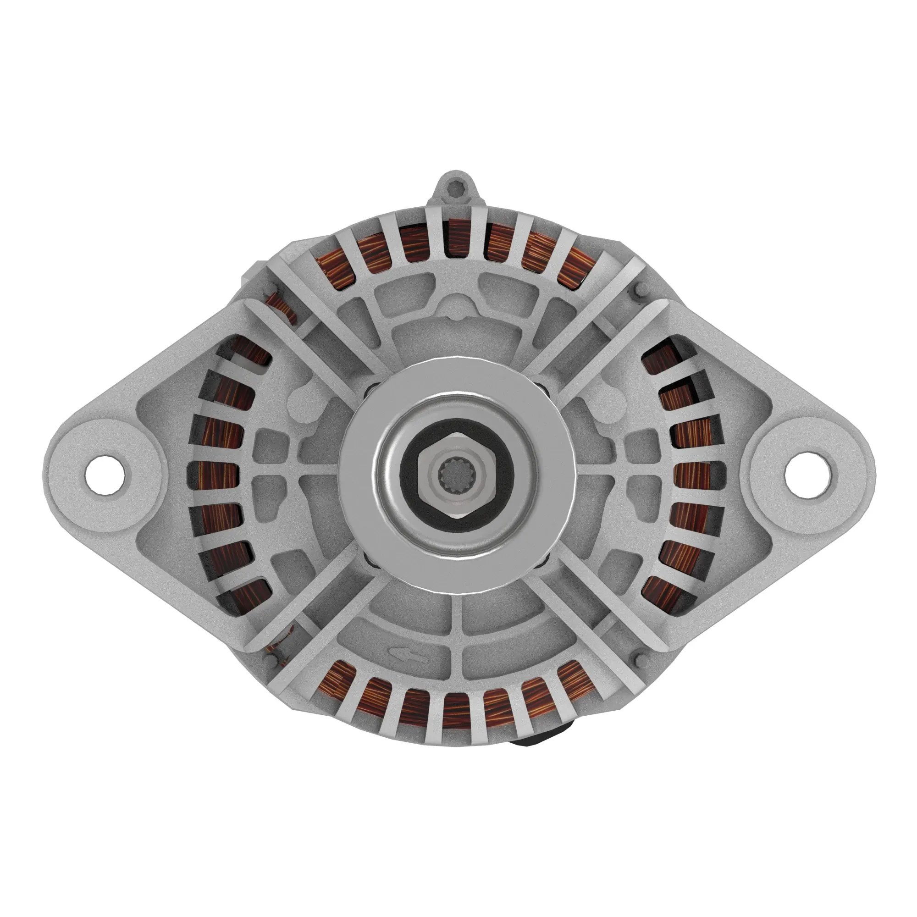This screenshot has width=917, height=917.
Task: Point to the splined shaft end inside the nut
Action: click(458, 475)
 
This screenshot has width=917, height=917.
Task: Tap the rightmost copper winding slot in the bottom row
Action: click(577, 680)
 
